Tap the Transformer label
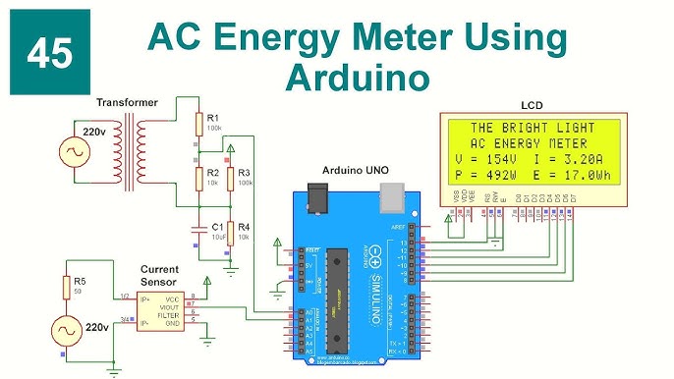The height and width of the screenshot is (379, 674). (x=128, y=102)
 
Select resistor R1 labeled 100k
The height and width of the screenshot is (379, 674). (x=198, y=123)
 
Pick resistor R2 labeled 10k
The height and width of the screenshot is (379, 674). (x=198, y=177)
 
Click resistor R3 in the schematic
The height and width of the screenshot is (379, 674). (x=231, y=178)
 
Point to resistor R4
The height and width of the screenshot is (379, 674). (x=231, y=233)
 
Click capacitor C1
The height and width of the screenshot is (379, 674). (x=198, y=228)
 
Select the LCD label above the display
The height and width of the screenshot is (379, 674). (x=531, y=104)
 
